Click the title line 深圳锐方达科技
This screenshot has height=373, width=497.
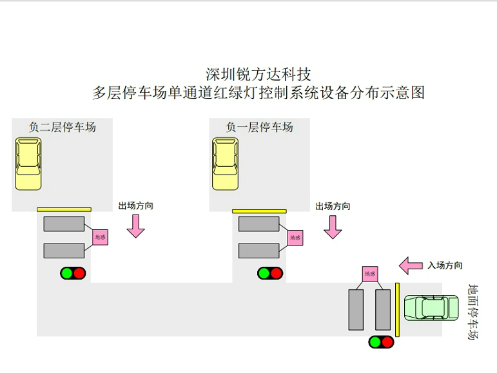pyautogui.click(x=258, y=73)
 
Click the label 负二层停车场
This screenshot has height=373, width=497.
pyautogui.click(x=63, y=127)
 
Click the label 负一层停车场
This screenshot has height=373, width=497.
pyautogui.click(x=259, y=127)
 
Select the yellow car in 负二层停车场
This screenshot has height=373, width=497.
pyautogui.click(x=28, y=165)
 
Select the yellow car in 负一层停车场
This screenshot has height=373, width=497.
pyautogui.click(x=225, y=165)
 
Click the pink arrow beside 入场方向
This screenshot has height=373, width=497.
pyautogui.click(x=411, y=265)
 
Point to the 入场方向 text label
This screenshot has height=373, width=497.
pyautogui.click(x=444, y=265)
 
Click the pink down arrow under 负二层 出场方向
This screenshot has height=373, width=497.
pyautogui.click(x=135, y=225)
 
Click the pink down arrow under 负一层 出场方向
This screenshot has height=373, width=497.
pyautogui.click(x=333, y=226)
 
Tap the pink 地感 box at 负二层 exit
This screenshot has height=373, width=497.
pyautogui.click(x=100, y=237)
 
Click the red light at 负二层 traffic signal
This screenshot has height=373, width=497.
pyautogui.click(x=79, y=273)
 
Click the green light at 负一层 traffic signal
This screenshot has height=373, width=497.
pyautogui.click(x=264, y=273)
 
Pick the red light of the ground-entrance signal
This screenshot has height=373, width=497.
pyautogui.click(x=387, y=342)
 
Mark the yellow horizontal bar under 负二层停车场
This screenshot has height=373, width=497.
pyautogui.click(x=64, y=209)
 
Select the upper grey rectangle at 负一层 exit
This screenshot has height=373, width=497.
pyautogui.click(x=258, y=224)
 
